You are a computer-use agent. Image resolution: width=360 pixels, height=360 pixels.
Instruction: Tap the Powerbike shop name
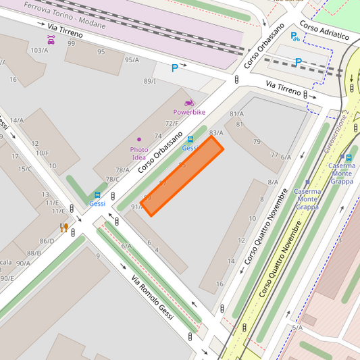tap(189, 112)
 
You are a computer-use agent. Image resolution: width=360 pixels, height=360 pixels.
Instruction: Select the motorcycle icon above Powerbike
tap(189, 103)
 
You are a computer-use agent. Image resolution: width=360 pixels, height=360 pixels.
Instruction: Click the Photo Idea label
tap(139, 153)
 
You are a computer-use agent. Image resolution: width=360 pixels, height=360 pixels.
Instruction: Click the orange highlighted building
tap(182, 177)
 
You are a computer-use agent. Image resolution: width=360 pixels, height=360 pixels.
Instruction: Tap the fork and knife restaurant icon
tap(64, 228)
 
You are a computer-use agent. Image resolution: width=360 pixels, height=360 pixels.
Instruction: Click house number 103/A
tap(39, 50)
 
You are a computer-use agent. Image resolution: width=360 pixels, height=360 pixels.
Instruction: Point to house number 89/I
tap(149, 81)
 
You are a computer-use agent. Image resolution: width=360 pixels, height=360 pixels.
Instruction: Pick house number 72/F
tap(172, 123)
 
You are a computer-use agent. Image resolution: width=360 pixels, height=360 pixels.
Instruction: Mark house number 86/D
tap(47, 241)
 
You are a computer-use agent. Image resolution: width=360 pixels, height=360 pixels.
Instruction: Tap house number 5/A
tap(297, 328)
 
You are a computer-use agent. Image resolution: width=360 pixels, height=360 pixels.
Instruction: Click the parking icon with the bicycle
tap(294, 37)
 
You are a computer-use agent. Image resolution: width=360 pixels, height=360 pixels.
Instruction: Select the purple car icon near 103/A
tap(51, 40)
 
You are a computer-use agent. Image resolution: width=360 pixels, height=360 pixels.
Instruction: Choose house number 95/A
tap(132, 59)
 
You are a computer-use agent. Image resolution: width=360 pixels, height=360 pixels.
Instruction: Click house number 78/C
tap(111, 180)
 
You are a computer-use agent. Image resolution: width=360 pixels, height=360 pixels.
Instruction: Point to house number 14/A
tap(16, 120)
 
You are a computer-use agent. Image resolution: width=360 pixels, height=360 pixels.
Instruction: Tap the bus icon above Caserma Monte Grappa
tap(348, 157)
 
